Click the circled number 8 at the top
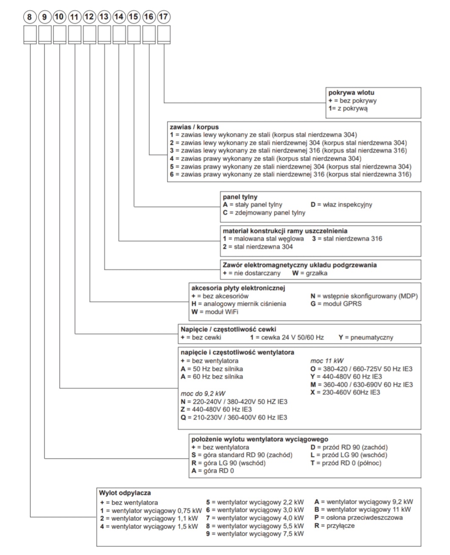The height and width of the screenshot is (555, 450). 29,17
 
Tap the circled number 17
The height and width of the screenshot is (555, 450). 163,17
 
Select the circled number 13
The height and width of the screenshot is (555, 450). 104,17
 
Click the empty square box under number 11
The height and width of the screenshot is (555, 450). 75,34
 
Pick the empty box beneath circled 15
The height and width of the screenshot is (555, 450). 134,34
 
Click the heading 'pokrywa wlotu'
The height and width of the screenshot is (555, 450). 351,93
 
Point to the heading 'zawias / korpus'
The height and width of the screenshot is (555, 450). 194,127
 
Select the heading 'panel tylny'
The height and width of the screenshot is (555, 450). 240,197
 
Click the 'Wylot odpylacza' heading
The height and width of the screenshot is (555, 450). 125,493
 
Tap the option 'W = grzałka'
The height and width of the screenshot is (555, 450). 310,273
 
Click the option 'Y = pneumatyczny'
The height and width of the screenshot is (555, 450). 366,338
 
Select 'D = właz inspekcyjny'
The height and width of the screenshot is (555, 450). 341,205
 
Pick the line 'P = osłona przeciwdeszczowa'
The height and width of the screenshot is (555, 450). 358,518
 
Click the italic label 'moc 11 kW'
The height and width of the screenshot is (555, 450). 327,361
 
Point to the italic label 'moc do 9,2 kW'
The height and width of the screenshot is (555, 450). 203,393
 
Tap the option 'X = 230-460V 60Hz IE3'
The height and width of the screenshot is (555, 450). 345,392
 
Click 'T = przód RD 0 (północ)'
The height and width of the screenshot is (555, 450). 346,463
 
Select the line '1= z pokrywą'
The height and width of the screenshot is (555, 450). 348,109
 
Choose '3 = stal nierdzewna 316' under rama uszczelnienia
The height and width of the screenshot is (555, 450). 347,239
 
